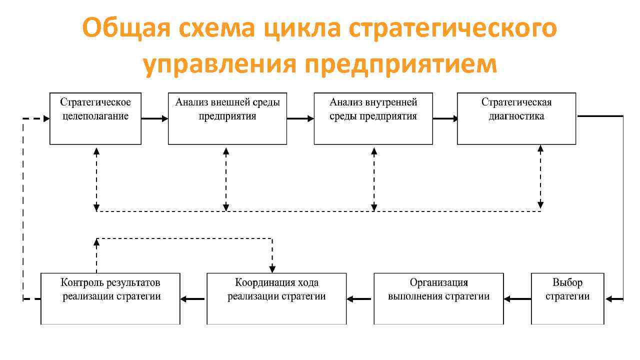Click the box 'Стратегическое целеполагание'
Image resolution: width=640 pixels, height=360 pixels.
pyautogui.click(x=95, y=118)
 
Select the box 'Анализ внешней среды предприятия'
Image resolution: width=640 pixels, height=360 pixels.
pyautogui.click(x=227, y=118)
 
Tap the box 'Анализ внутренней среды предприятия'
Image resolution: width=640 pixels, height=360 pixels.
pyautogui.click(x=373, y=118)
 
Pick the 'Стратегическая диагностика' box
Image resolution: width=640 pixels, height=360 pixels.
pyautogui.click(x=516, y=118)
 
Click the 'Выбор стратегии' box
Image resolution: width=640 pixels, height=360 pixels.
pyautogui.click(x=567, y=298)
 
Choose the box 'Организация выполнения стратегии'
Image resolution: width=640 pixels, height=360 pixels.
pyautogui.click(x=438, y=298)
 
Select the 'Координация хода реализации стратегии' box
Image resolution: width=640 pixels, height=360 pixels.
pyautogui.click(x=276, y=298)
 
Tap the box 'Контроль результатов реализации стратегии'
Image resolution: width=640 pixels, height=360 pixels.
pyautogui.click(x=110, y=298)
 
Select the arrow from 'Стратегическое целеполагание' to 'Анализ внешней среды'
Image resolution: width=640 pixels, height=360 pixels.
pyautogui.click(x=154, y=119)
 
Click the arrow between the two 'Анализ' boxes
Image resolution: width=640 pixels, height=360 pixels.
pyautogui.click(x=300, y=119)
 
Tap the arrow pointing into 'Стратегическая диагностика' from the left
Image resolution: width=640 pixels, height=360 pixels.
pyautogui.click(x=445, y=119)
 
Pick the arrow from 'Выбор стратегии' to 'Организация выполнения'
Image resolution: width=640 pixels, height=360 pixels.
pyautogui.click(x=517, y=299)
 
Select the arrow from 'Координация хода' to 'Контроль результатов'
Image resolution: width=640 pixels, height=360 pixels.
pyautogui.click(x=193, y=299)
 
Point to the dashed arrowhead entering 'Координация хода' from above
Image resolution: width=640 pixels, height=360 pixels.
pyautogui.click(x=272, y=268)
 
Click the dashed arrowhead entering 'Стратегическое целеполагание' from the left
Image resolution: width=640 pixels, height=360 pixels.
pyautogui.click(x=46, y=119)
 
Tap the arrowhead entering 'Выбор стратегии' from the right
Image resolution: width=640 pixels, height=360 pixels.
pyautogui.click(x=609, y=299)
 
